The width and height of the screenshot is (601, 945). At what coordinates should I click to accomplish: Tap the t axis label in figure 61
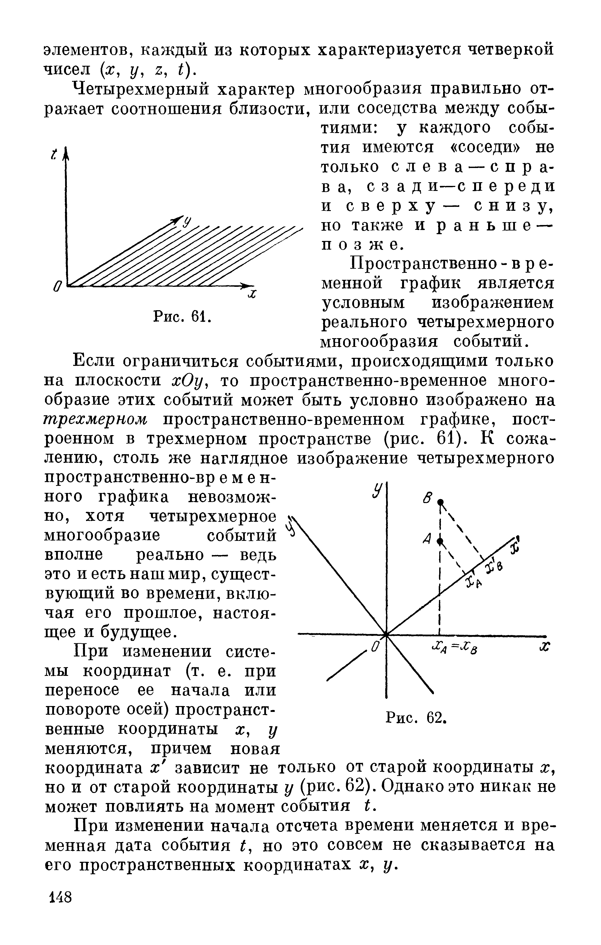click(x=55, y=154)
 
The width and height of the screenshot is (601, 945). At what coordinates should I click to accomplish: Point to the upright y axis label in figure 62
click(x=377, y=491)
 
